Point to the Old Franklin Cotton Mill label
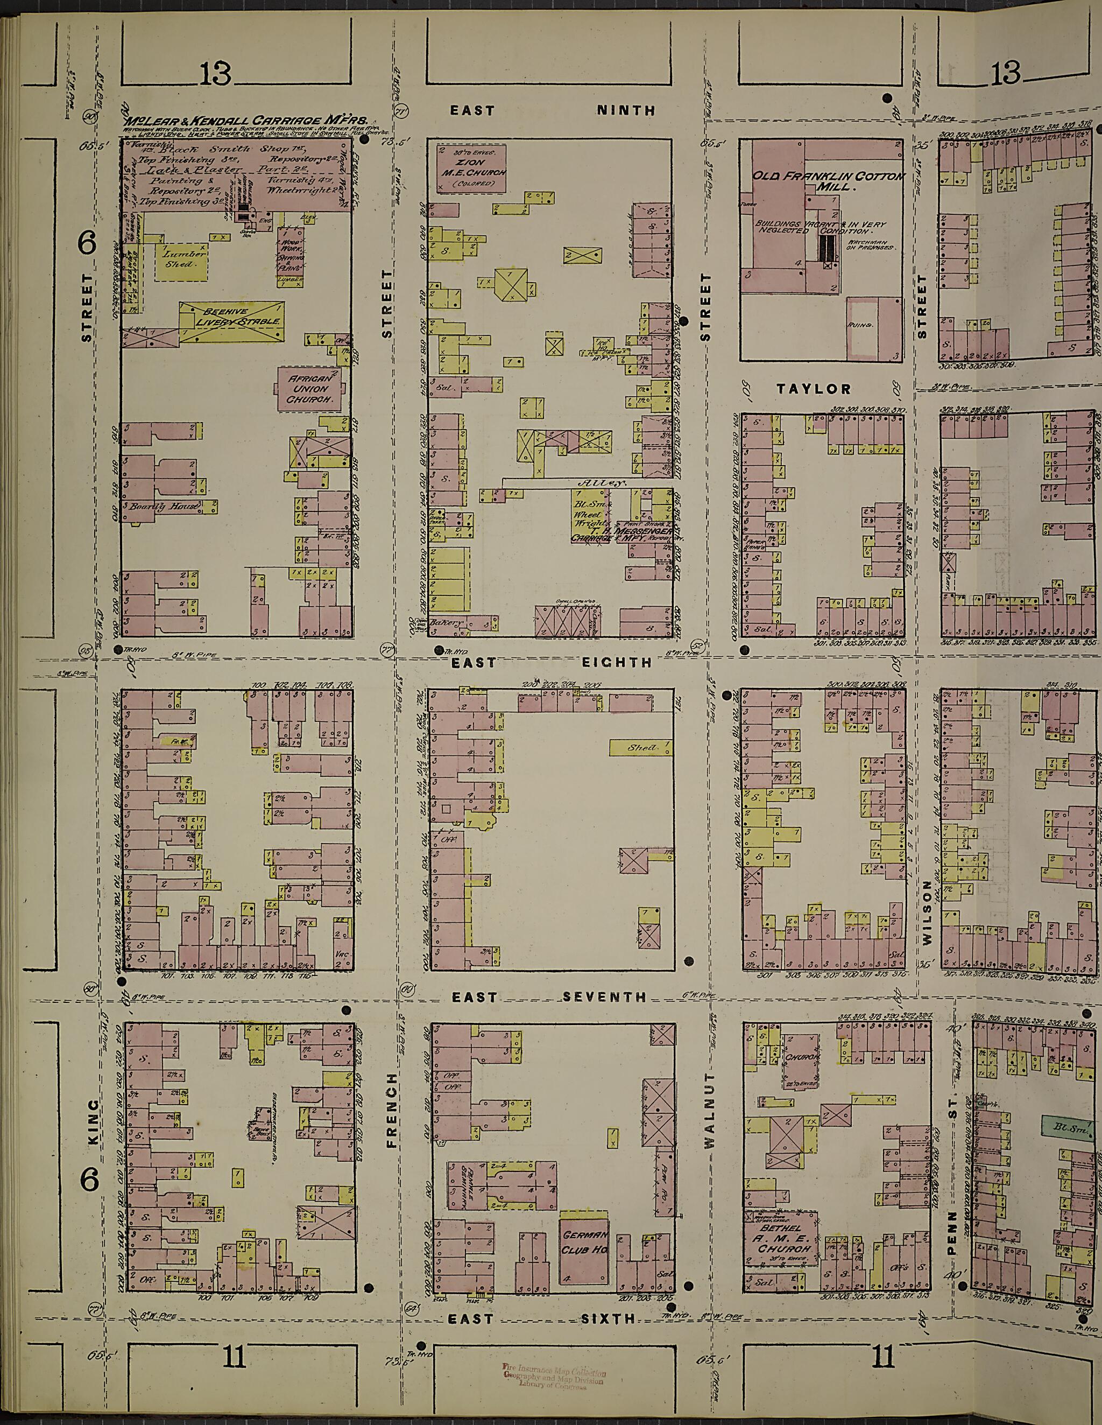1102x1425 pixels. (828, 181)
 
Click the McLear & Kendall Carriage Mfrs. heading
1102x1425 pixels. (246, 121)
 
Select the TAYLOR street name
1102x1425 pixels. (815, 389)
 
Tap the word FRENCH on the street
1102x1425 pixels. (391, 1120)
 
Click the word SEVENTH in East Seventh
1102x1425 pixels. (604, 997)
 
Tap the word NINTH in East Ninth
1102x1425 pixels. (626, 110)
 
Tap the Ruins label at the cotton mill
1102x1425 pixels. (856, 324)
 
